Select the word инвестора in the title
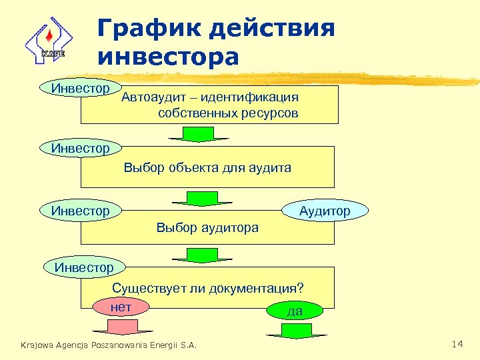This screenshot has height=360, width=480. [x=167, y=57]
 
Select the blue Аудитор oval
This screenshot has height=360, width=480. [x=325, y=211]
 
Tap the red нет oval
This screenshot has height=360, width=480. [x=121, y=307]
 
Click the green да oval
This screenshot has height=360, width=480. [x=294, y=311]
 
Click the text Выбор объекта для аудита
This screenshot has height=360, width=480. [x=207, y=168]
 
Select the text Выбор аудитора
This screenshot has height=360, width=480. [x=207, y=228]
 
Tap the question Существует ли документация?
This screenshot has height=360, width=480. [x=208, y=289]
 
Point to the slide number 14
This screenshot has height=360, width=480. [x=457, y=344]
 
